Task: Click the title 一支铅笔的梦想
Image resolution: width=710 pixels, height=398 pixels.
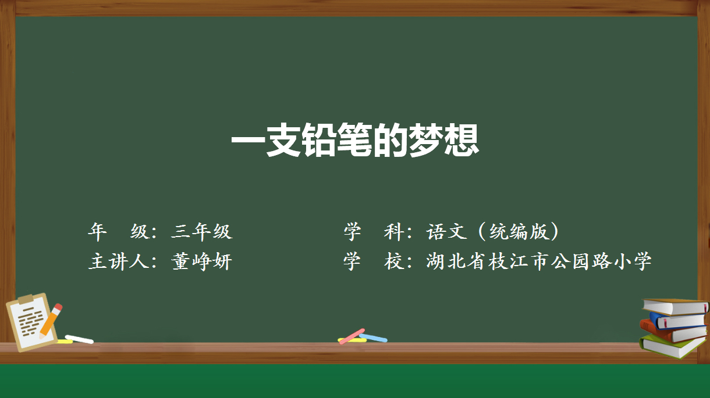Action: point(355,140)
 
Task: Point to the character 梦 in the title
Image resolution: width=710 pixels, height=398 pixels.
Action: point(425,140)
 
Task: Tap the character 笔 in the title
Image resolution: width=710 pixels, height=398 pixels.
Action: point(354,140)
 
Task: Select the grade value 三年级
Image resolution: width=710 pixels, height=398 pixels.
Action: point(201,231)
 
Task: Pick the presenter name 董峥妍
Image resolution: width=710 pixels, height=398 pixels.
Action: point(201,261)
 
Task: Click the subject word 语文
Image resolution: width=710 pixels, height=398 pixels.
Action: point(446,231)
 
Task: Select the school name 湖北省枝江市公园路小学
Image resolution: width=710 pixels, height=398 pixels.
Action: point(539,261)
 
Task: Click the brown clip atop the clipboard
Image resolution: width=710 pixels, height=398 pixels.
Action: point(26,299)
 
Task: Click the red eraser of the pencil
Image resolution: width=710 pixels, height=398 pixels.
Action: point(58,307)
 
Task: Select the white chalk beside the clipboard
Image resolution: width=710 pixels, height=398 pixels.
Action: point(79,339)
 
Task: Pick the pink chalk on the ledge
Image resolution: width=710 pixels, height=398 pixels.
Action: point(352,336)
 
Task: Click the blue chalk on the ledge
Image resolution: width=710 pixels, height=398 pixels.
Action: point(373,338)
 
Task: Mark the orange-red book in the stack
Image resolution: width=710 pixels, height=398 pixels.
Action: point(672,333)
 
